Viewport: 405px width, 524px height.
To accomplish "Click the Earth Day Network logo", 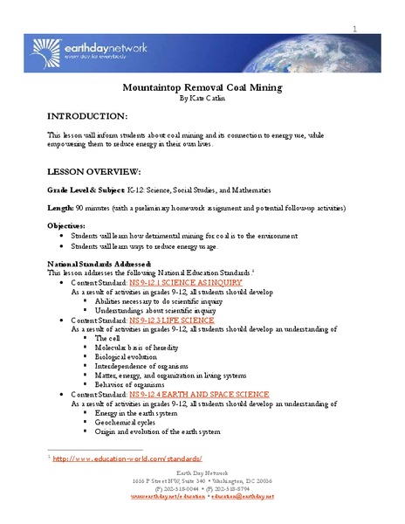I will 95,45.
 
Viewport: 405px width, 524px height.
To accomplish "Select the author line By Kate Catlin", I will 202,99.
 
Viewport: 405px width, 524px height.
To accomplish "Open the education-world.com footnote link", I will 127,458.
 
